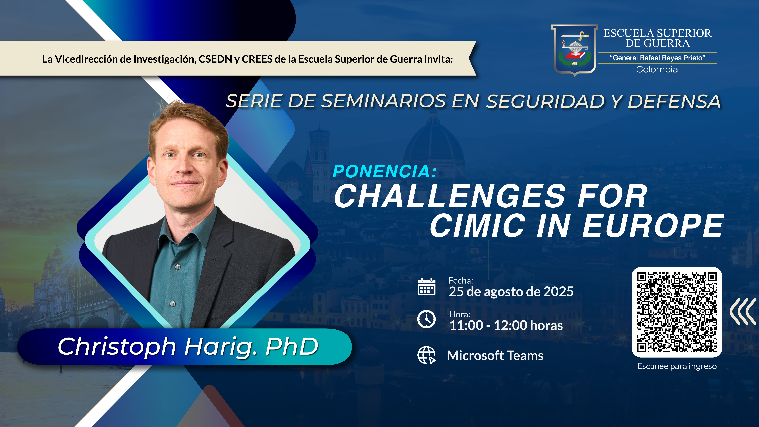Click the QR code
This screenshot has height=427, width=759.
(x=677, y=312)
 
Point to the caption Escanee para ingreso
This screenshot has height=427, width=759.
(x=677, y=366)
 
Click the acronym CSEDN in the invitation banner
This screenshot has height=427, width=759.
(x=215, y=59)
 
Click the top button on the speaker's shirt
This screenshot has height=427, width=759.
(x=178, y=267)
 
